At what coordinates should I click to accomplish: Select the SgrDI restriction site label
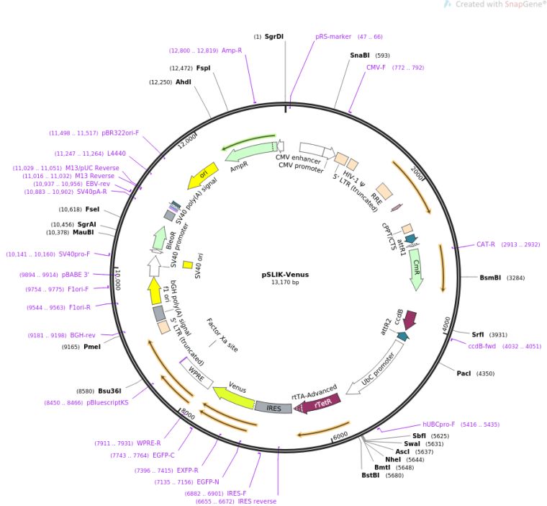274,36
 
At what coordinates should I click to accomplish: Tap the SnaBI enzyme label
360,56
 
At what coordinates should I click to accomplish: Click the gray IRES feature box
273,408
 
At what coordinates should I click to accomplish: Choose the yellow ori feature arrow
202,175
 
